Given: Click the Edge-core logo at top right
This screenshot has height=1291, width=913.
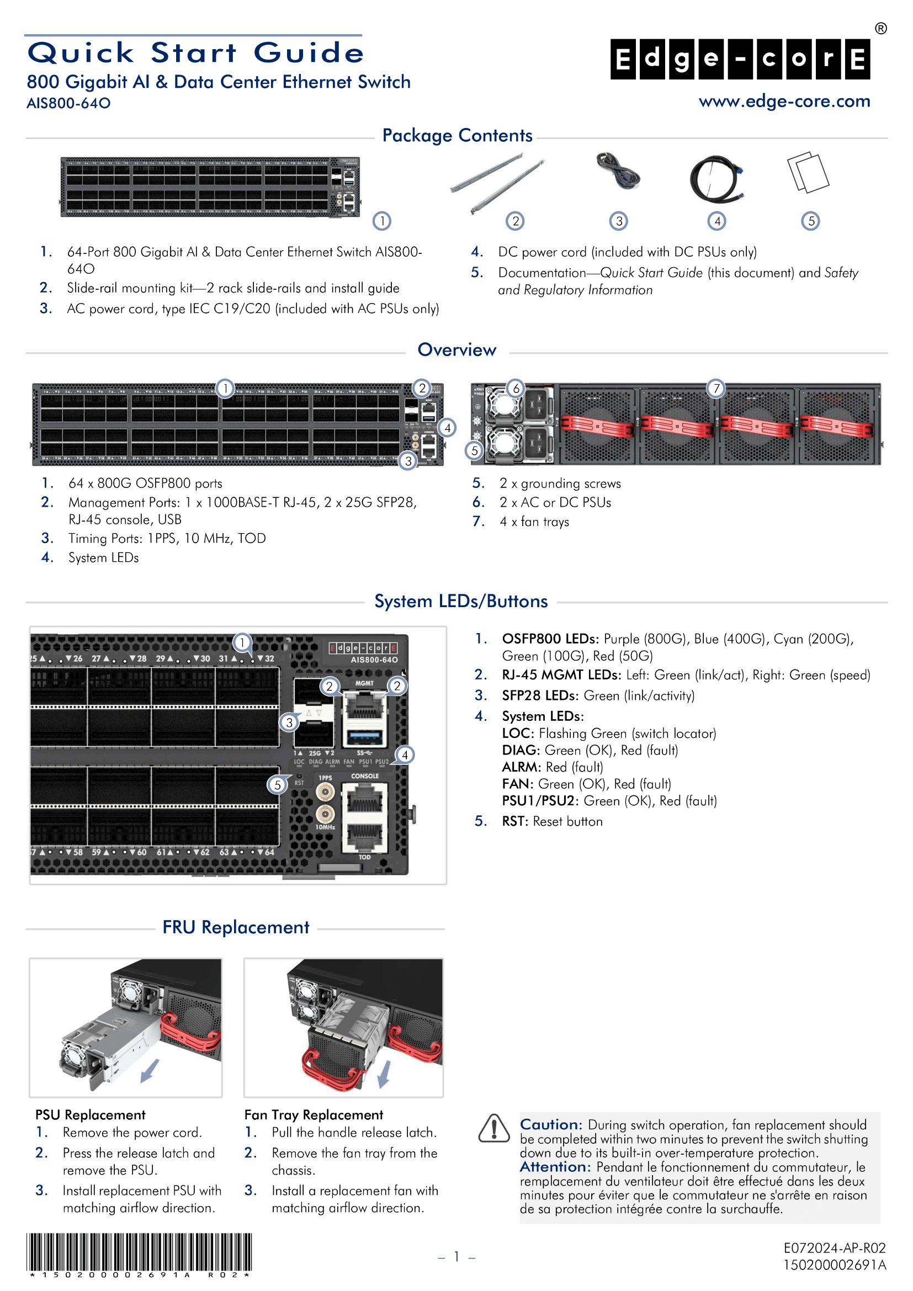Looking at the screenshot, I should tap(740, 59).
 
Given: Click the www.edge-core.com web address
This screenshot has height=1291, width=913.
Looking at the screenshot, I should tap(784, 101).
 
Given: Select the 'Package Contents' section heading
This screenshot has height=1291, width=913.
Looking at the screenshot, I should tap(457, 136).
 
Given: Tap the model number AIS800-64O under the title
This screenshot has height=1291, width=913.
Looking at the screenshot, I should tap(68, 103).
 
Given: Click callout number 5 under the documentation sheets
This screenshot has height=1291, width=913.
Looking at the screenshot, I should tap(810, 221).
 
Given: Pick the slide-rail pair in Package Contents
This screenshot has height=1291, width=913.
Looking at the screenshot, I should tap(497, 183).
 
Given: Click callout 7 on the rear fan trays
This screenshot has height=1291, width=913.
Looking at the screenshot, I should tap(716, 388).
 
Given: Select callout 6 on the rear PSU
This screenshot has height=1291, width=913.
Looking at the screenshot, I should tap(516, 388).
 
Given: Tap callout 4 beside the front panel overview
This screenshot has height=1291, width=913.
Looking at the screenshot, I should tap(447, 428).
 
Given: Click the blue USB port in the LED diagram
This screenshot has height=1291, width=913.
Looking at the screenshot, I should tap(365, 736).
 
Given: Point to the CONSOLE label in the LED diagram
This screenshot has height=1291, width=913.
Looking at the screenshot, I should tap(365, 776).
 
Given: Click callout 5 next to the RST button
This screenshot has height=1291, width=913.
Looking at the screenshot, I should tap(277, 785).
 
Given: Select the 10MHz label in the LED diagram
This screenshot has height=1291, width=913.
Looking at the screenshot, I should tap(325, 827).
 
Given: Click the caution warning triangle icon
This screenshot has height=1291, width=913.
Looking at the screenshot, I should tap(493, 1128).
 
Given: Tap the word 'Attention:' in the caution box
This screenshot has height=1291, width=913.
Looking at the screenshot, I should tap(554, 1167).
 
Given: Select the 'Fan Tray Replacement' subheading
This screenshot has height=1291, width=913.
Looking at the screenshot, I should tap(313, 1114).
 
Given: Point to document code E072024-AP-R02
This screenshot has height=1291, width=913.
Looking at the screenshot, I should tap(834, 1248).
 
